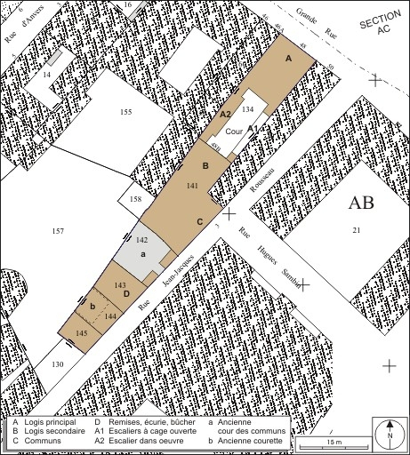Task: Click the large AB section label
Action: (361, 204)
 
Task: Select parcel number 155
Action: (125, 112)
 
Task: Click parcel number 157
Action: (59, 231)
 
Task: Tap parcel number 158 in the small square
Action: (135, 199)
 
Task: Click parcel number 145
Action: (82, 332)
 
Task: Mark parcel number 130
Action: (58, 364)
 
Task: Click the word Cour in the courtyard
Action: (235, 131)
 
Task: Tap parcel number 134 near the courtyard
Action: (248, 108)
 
